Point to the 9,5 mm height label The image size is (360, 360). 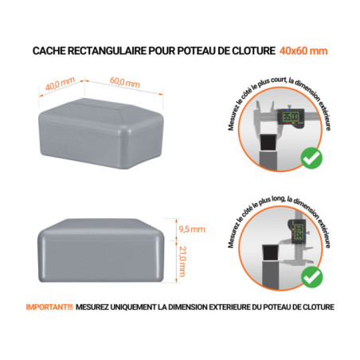(x=191, y=229)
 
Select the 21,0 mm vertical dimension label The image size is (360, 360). (x=184, y=260)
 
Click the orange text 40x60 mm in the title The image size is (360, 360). (x=303, y=51)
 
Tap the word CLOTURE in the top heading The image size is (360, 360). (x=251, y=51)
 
